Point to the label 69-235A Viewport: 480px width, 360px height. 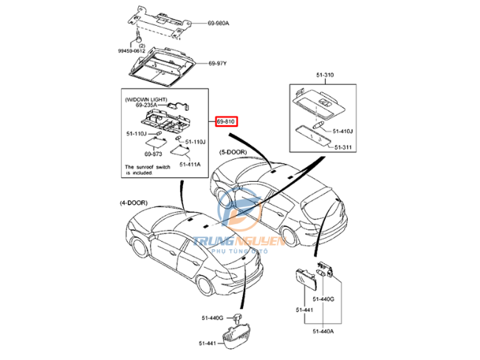coord(146,105)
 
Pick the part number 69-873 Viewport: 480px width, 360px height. coord(153,154)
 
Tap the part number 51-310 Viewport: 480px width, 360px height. coord(325,75)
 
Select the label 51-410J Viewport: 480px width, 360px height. coord(343,132)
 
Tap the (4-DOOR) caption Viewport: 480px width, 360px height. coord(133,202)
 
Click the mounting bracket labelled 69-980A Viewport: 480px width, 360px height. coord(160,21)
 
